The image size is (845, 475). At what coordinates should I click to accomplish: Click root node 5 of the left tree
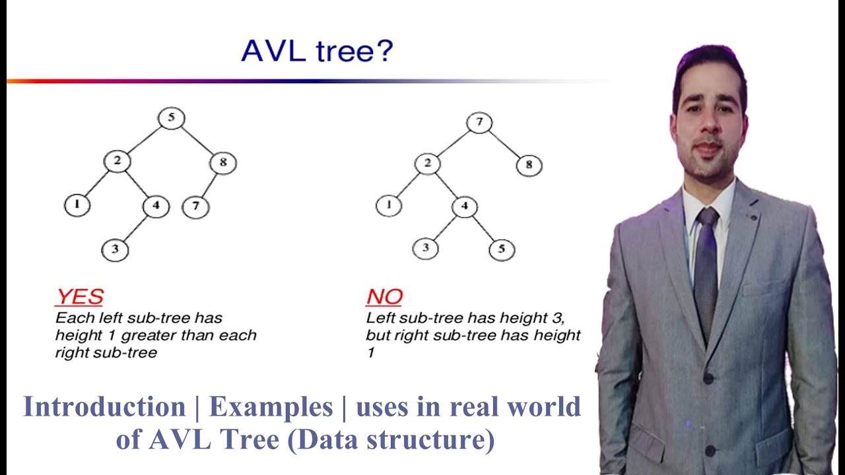click(x=171, y=119)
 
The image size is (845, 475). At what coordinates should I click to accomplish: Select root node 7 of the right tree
click(x=479, y=123)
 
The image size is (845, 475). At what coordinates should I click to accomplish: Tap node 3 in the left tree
click(x=115, y=249)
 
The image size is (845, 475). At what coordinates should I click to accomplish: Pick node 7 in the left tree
click(x=195, y=206)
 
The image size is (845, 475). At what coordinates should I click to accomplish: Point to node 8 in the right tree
click(x=529, y=165)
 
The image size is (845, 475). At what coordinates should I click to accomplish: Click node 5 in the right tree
click(x=502, y=249)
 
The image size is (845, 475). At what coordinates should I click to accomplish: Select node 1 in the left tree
click(x=77, y=205)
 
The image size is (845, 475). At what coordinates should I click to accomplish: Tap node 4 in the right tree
click(x=465, y=206)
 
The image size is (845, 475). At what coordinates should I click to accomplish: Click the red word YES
click(x=79, y=296)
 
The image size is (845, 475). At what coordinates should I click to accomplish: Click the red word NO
click(x=384, y=297)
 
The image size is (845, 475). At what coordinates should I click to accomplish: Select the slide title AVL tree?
click(x=317, y=51)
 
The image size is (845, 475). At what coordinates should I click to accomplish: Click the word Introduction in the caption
click(x=104, y=406)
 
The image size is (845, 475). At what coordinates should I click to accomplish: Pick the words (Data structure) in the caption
click(x=391, y=439)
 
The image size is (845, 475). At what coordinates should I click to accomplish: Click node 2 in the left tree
click(x=117, y=161)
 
